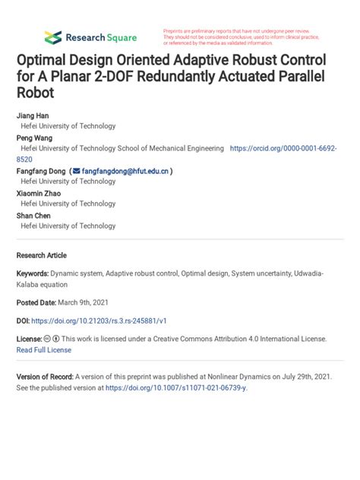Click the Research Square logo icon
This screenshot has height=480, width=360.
(52, 36)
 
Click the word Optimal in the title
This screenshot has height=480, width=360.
(45, 60)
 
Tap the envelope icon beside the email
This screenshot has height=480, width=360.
(75, 172)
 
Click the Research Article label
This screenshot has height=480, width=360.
(42, 255)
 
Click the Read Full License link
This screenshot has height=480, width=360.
(44, 349)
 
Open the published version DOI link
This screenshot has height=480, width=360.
(176, 388)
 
